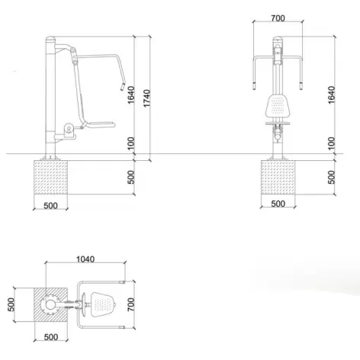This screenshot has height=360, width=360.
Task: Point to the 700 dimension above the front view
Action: (278, 17)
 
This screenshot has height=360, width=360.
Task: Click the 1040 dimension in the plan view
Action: (85, 259)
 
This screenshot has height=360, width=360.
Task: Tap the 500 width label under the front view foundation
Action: (278, 204)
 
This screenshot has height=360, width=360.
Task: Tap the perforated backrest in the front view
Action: (278, 104)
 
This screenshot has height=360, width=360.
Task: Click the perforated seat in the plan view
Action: (100, 304)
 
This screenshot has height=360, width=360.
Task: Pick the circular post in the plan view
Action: (49, 305)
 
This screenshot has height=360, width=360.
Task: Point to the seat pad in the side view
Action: (96, 125)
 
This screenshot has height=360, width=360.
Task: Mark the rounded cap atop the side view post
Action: (51, 38)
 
